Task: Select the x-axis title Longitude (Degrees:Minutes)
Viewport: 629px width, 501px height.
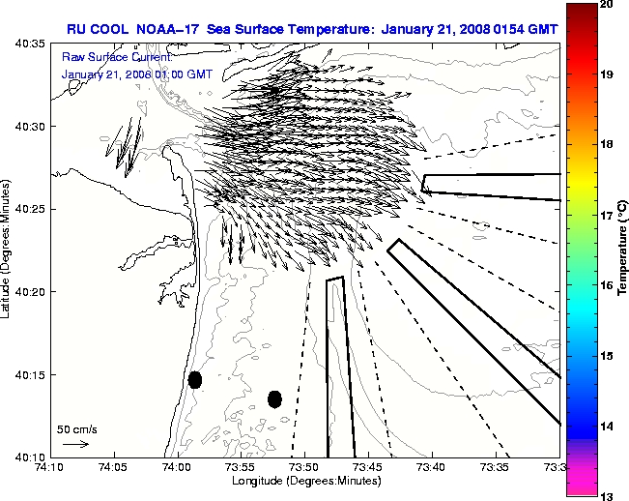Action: (303, 481)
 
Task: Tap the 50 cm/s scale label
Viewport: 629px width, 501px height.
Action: (77, 428)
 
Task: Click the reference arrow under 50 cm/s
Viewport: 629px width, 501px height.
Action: (75, 444)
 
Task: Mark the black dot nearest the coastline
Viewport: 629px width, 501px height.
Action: (195, 379)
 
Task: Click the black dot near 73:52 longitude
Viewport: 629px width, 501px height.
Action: (274, 398)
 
